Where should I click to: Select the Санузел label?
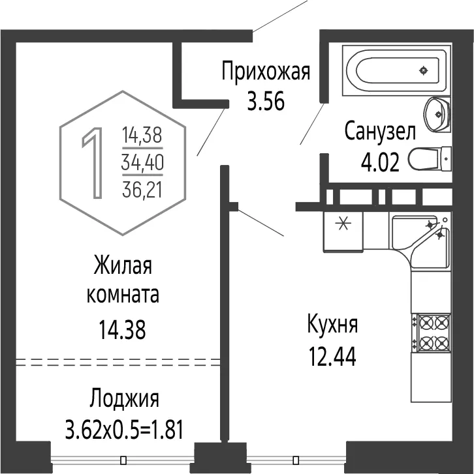coord(380,132)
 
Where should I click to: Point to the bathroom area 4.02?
coord(380,162)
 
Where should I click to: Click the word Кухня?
coord(332,325)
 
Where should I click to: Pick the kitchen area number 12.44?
coord(332,356)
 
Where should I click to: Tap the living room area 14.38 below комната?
coord(122,329)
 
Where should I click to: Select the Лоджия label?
coord(124,400)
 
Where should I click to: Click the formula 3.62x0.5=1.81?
coord(124,430)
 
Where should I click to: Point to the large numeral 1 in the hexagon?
coord(93,163)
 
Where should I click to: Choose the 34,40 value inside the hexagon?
coord(142,162)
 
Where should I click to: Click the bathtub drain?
coord(423,70)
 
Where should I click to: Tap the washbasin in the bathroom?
coord(437,114)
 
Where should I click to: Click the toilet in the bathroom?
coord(430,158)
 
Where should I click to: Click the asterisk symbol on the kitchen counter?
coord(343,224)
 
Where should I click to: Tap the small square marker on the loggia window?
coord(123,460)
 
